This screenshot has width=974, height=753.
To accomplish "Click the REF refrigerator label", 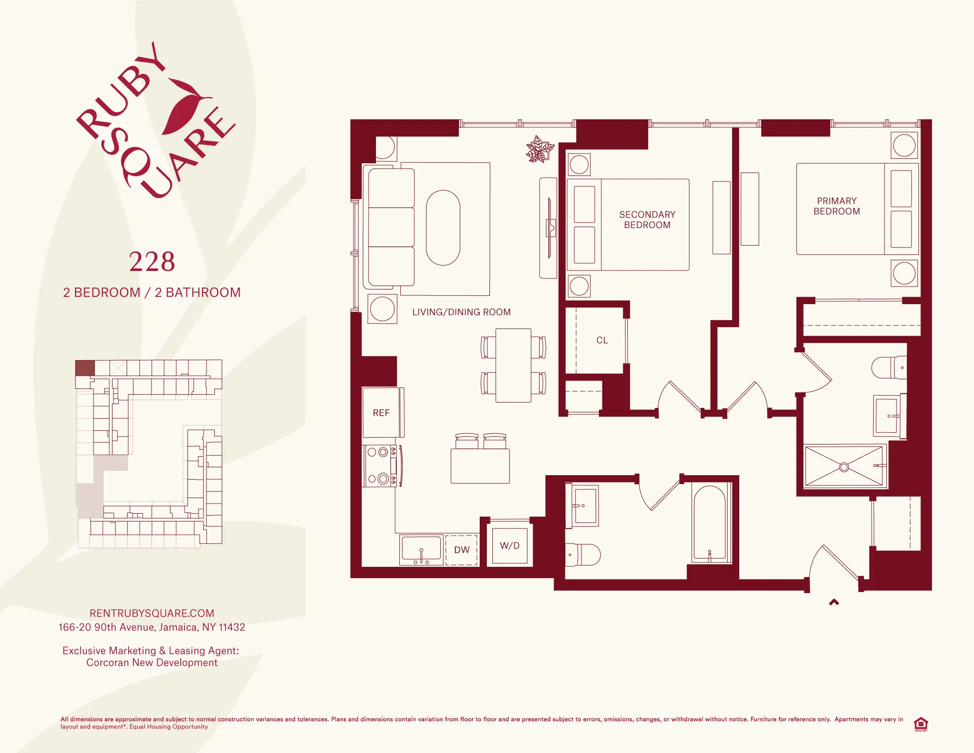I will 381,413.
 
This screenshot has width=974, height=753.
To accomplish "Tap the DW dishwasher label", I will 462,550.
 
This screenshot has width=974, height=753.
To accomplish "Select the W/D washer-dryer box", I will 509,546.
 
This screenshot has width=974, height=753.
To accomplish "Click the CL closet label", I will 602,340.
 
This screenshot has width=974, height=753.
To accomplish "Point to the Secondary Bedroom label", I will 647,220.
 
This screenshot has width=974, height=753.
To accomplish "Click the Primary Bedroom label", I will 837,206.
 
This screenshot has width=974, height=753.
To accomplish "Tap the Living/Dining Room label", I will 461,312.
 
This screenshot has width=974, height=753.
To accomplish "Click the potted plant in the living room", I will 540,150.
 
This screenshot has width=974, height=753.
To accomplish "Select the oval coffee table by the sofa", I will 443,228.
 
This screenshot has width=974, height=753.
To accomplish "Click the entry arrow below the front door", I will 834,602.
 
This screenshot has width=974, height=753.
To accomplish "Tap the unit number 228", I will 152,262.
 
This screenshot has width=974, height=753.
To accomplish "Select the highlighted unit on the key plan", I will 85,368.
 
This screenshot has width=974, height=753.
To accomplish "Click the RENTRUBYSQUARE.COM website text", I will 152,613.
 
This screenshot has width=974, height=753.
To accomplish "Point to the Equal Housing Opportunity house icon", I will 920,724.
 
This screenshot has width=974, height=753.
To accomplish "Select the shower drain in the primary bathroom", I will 844,467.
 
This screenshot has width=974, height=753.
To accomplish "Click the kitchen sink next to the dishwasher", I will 421,550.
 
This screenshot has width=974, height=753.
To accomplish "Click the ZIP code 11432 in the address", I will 231,627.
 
